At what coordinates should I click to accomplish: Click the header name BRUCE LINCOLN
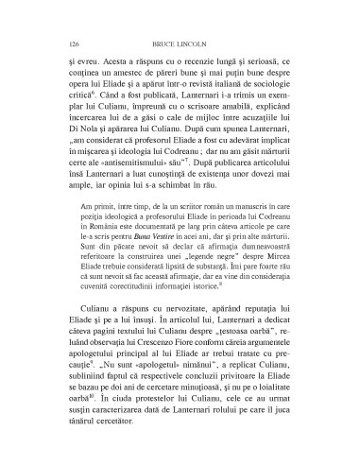[179, 43]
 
